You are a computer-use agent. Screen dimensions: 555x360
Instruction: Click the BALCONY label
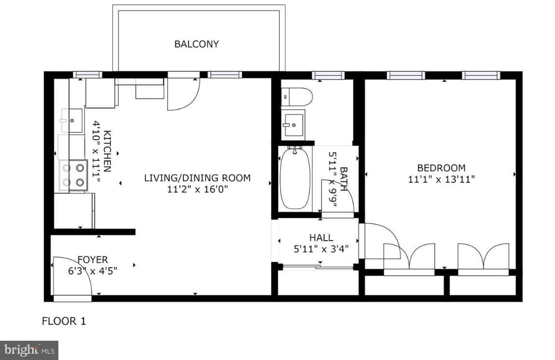(196, 44)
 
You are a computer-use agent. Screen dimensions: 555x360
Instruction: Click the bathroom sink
(293, 124)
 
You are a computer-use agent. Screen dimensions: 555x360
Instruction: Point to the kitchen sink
(72, 120)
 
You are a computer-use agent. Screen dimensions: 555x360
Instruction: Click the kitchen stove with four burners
(73, 175)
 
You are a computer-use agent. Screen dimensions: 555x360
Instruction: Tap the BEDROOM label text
(441, 168)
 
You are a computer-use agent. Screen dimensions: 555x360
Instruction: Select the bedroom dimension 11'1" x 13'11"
(441, 179)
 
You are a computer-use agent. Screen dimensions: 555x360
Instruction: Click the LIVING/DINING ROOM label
(197, 178)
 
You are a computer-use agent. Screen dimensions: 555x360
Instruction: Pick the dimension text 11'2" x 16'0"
(197, 189)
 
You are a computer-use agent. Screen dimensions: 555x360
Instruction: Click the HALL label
(321, 238)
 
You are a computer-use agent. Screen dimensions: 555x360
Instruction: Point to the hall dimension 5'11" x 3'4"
(321, 249)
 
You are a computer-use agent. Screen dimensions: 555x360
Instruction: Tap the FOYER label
(93, 260)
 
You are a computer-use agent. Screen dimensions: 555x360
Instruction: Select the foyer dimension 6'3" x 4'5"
(93, 271)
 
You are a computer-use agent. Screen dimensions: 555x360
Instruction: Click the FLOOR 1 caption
(64, 321)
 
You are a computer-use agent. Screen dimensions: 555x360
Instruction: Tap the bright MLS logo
(29, 350)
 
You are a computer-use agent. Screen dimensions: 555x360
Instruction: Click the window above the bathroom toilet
(328, 75)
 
